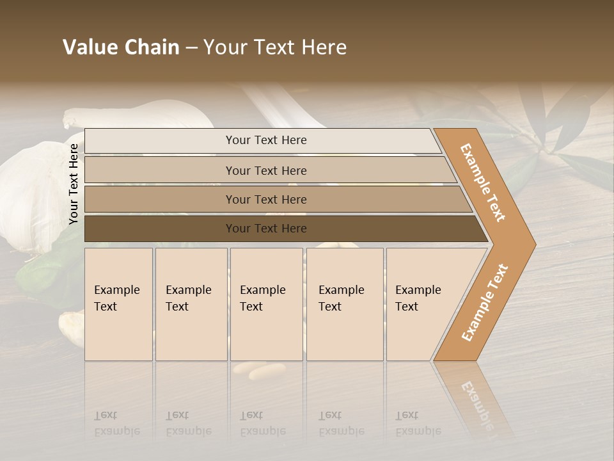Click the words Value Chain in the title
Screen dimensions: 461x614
(121, 47)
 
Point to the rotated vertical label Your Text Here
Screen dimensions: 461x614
(74, 184)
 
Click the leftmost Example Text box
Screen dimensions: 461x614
(118, 303)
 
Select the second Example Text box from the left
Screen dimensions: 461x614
(191, 303)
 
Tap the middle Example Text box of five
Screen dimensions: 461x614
(266, 303)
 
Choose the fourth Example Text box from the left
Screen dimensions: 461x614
(344, 303)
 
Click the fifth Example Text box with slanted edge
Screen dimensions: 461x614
(422, 303)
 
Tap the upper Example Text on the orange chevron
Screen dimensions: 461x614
(484, 182)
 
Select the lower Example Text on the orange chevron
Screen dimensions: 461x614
(485, 302)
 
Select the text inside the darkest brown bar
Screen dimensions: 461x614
(266, 229)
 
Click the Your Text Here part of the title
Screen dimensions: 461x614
(275, 47)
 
